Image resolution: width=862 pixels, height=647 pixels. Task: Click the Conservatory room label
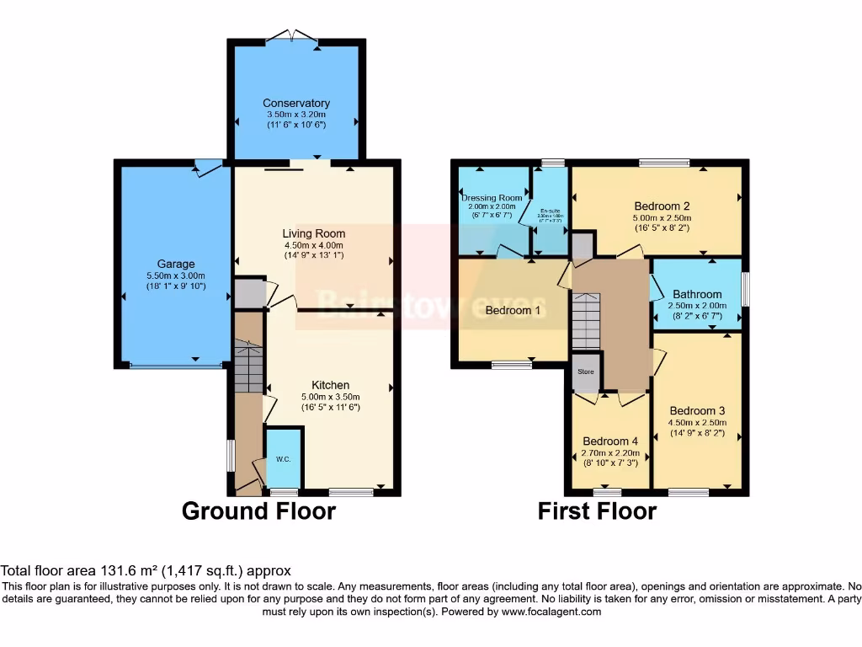295,103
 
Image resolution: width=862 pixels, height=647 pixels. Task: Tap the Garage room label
175,264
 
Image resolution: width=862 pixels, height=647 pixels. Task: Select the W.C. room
284,458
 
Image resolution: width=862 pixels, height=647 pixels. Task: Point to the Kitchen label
330,385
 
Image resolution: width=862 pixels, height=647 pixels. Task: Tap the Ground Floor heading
258,511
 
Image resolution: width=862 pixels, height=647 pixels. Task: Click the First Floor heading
597,511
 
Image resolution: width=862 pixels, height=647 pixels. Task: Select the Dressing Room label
492,197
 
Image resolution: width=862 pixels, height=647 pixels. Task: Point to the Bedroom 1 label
513,310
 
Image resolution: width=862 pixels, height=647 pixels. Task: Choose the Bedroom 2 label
662,206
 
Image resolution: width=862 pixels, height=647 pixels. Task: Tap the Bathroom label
696,294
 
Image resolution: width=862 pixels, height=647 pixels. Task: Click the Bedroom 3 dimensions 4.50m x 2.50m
696,424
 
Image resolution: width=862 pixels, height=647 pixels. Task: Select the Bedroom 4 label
610,441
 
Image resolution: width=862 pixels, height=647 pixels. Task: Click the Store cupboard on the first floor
585,372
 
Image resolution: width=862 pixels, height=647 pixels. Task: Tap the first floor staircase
586,320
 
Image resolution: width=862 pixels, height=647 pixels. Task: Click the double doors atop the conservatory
292,35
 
